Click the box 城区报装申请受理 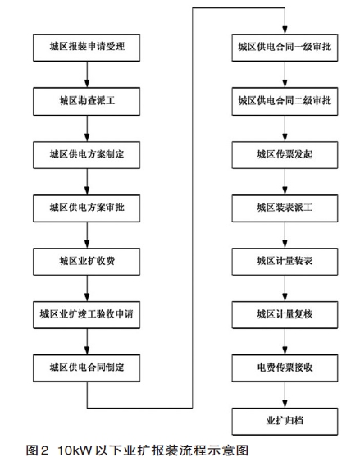[86, 48]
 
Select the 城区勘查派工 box [86, 102]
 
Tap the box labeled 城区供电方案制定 [86, 155]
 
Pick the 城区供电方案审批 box [86, 208]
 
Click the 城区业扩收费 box [86, 262]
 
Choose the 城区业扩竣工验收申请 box [86, 315]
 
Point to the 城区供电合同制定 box [86, 368]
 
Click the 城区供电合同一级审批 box [285, 48]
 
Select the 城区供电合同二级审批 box [285, 102]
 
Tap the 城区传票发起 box [285, 155]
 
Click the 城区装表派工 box [285, 208]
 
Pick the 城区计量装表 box [285, 262]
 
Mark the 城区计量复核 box [285, 315]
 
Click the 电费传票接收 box [285, 368]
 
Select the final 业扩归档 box [285, 422]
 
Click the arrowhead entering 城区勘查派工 [87, 84]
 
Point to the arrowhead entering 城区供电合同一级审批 [285, 30]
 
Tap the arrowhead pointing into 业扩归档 [285, 404]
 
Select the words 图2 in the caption [37, 450]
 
